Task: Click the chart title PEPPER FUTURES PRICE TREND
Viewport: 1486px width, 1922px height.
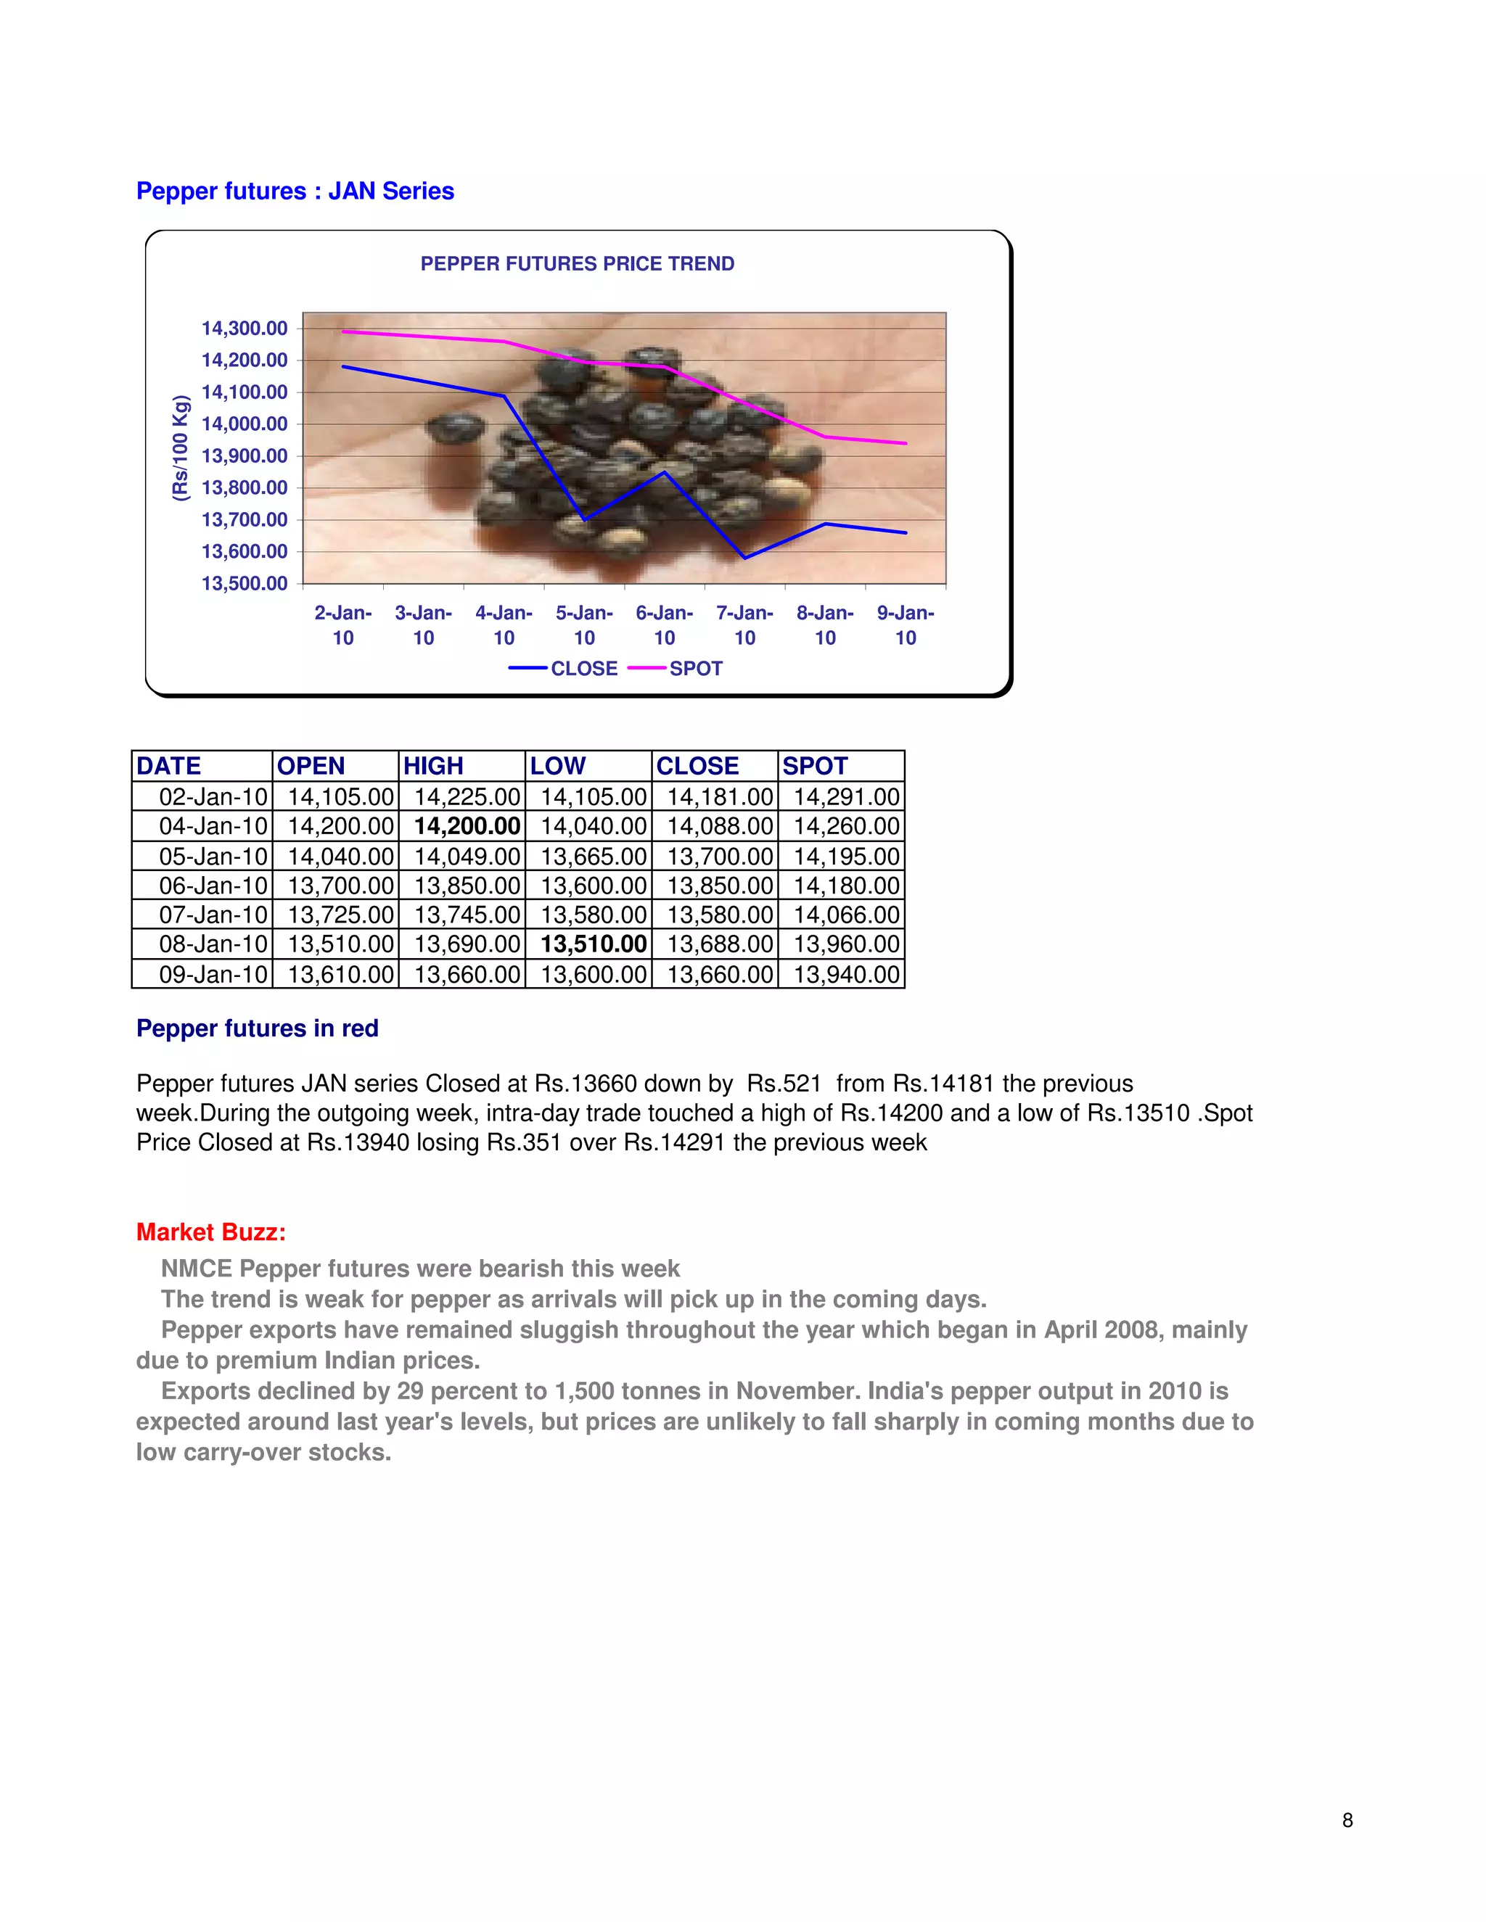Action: click(577, 264)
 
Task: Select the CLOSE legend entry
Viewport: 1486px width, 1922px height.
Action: click(583, 669)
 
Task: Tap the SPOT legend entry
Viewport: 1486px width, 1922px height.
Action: click(694, 669)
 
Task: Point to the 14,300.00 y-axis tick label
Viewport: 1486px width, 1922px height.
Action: click(244, 329)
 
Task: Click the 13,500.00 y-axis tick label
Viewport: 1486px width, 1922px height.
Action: click(244, 583)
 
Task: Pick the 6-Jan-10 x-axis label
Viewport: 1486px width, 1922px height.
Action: click(664, 624)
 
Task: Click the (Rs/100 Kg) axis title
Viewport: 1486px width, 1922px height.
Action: click(181, 449)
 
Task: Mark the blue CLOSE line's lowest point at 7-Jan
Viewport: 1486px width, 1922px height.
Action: click(744, 558)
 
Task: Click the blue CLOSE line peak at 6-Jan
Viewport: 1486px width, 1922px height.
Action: click(665, 473)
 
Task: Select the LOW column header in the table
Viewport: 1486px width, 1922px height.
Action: click(557, 766)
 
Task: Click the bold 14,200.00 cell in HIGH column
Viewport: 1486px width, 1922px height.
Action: click(467, 826)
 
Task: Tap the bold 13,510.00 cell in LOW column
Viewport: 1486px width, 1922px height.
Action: click(594, 944)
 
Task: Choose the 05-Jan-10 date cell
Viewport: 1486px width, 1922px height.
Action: click(213, 857)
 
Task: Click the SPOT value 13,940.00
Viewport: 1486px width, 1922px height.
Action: click(846, 974)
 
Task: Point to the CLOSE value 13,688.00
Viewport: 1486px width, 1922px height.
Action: click(719, 944)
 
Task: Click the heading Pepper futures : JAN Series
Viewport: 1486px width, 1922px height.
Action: click(295, 191)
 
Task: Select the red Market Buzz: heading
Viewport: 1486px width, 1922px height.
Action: click(210, 1232)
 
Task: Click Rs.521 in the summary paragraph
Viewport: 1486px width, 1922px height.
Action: click(784, 1084)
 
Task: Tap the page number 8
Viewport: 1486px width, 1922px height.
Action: click(1347, 1820)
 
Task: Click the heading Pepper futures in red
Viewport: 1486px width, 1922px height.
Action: click(257, 1028)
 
